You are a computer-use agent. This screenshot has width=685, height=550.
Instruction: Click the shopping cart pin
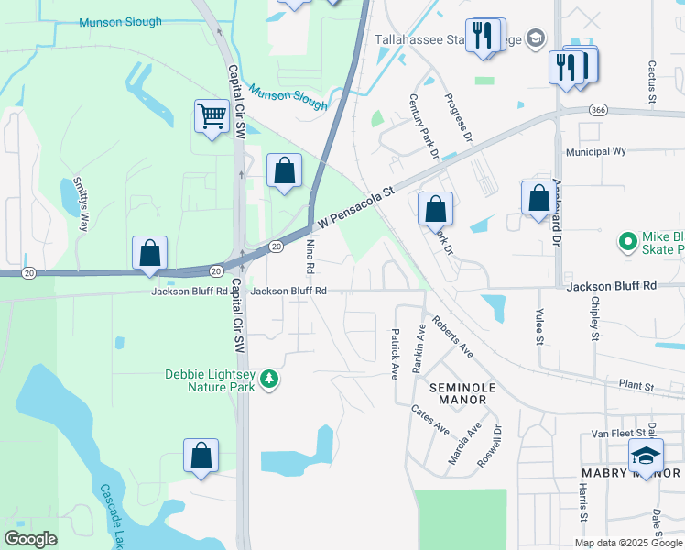(x=212, y=117)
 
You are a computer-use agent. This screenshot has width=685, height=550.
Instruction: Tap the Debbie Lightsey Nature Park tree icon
(x=268, y=379)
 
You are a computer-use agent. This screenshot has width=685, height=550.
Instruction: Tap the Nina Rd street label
(x=310, y=256)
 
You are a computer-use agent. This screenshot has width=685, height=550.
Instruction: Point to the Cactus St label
(x=652, y=81)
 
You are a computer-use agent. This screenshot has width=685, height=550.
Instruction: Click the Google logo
(x=31, y=539)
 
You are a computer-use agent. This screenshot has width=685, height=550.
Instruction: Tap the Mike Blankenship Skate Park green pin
(x=628, y=242)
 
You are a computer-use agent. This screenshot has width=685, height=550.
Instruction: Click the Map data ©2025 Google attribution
(x=628, y=543)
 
